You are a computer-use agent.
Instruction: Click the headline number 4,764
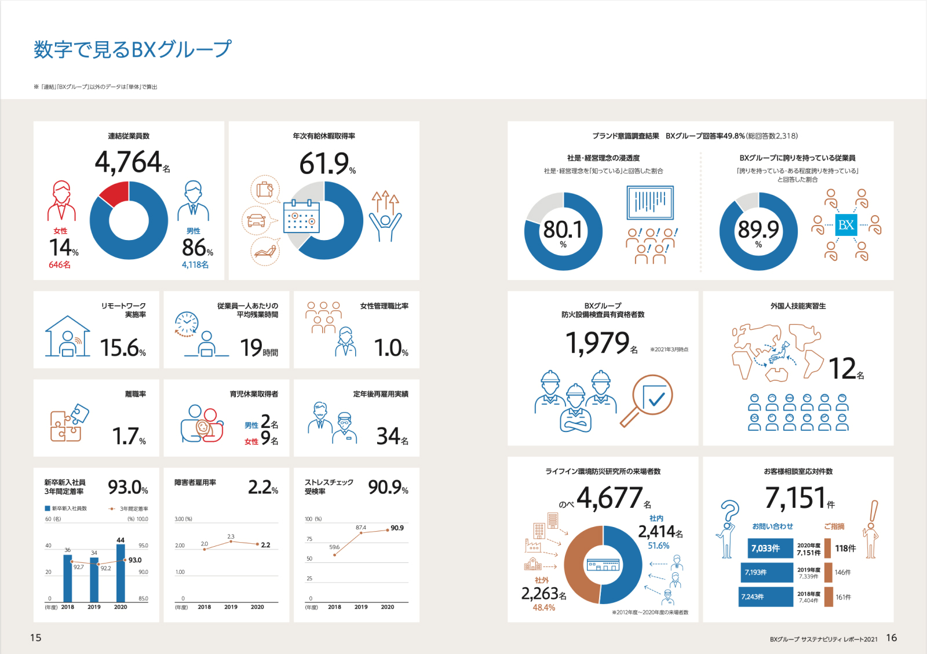point(129,162)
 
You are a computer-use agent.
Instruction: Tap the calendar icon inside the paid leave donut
point(301,216)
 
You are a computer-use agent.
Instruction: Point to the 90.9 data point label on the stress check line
point(397,528)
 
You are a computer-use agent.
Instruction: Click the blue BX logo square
point(846,225)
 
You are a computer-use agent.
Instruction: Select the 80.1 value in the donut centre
point(563,230)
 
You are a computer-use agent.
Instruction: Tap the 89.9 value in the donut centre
point(758,230)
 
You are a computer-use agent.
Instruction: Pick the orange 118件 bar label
point(845,548)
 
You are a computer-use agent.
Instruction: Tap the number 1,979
point(597,343)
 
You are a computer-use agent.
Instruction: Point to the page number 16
point(891,638)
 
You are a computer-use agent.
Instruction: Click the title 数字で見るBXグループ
point(133,49)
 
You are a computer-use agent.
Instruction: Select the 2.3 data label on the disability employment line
point(231,536)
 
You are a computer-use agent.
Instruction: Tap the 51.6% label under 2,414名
point(659,546)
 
